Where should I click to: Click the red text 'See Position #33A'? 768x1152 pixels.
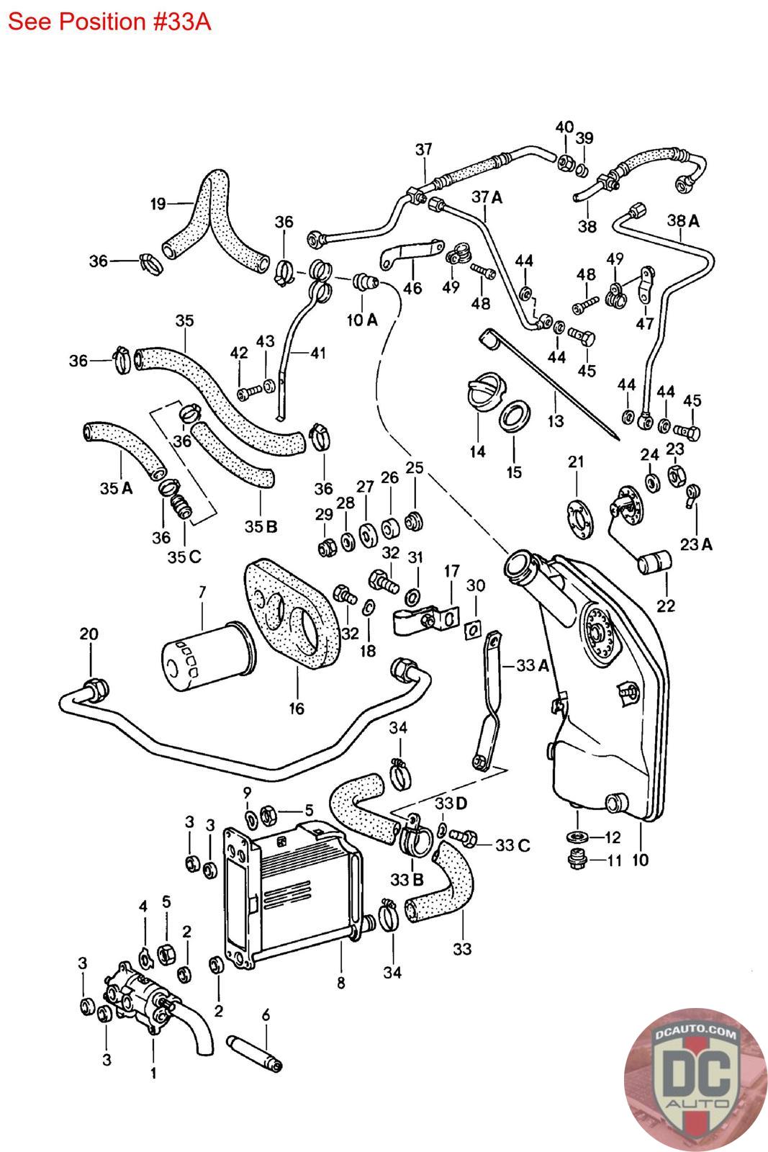(x=109, y=21)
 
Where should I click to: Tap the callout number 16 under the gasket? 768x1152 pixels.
(x=297, y=708)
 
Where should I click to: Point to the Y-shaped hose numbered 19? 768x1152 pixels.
(x=209, y=216)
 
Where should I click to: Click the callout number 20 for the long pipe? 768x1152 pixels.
(x=89, y=634)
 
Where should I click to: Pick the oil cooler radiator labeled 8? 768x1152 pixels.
(x=295, y=893)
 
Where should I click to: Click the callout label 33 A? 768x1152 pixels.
(x=532, y=666)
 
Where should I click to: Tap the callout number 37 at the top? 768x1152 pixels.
(x=424, y=149)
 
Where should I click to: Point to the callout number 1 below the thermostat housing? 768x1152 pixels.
(x=153, y=1073)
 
